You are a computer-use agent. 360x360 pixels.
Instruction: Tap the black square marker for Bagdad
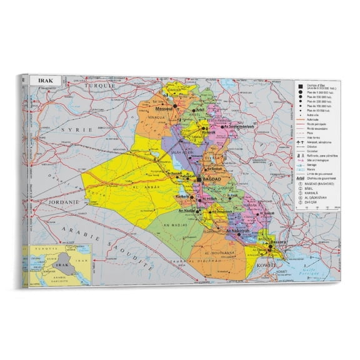[x=199, y=179]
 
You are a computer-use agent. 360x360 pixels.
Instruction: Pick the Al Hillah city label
[x=211, y=199]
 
